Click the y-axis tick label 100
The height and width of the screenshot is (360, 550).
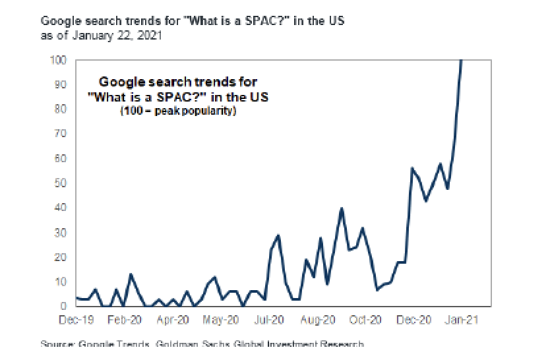pos(58,60)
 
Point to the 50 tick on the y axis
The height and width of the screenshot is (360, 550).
pos(61,183)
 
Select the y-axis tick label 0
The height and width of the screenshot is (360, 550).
pos(63,306)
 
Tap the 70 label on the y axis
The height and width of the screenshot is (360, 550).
pos(61,134)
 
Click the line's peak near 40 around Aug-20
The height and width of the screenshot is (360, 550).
pos(342,208)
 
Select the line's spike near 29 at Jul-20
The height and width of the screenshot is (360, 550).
pos(278,235)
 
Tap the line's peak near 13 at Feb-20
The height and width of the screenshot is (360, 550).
pos(131,274)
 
